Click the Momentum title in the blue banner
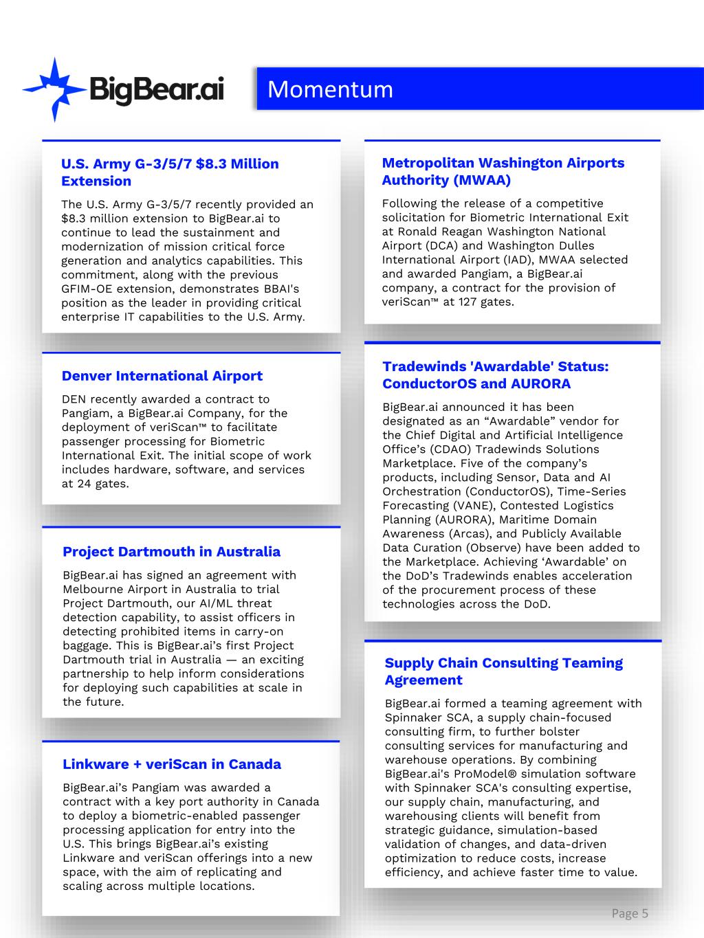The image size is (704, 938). tap(330, 89)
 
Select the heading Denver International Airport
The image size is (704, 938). tap(162, 376)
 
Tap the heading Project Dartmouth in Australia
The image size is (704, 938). tap(171, 552)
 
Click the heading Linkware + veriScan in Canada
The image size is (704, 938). tap(172, 764)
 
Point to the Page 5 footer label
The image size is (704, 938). tap(630, 913)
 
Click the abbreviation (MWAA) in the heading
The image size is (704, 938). tap(481, 180)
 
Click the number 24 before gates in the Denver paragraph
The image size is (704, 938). tap(82, 484)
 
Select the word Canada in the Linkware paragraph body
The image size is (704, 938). tap(298, 802)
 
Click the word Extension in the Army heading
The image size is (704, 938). tap(96, 181)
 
